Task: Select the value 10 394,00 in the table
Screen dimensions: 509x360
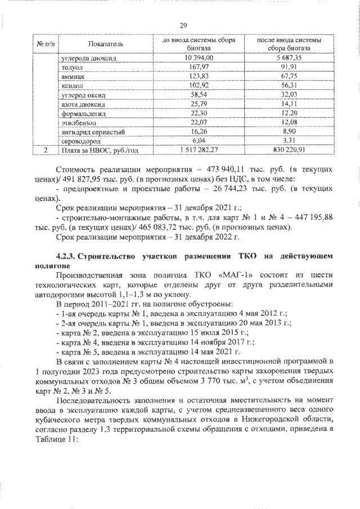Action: [x=194, y=57]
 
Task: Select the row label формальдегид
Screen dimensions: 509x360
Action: [x=80, y=113]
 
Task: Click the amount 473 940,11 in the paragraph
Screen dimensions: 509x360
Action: [x=222, y=169]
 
